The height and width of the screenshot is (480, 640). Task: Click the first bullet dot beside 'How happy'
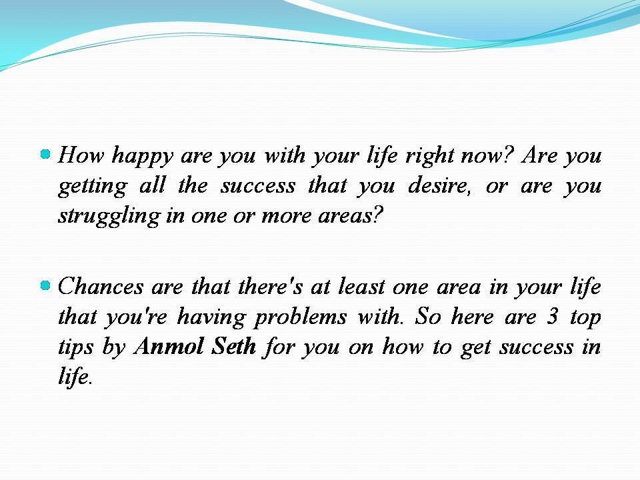point(45,155)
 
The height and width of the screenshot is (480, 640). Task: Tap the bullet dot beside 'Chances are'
point(45,286)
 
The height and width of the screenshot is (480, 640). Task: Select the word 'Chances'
point(101,287)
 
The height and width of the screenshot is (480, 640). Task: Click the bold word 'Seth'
point(231,347)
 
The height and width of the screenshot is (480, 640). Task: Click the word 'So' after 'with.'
point(427,317)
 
